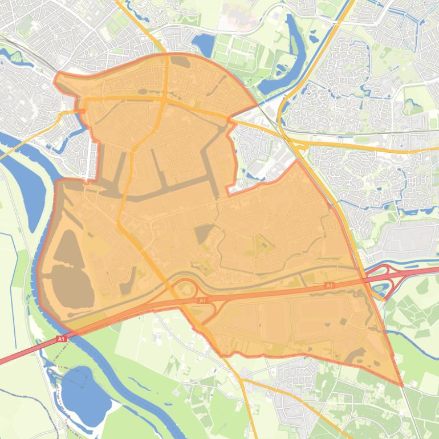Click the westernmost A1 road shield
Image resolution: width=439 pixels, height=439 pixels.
pos(61,339)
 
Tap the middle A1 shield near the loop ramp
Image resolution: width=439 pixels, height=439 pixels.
pos(202,300)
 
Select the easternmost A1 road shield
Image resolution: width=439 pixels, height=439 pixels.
pos(328,285)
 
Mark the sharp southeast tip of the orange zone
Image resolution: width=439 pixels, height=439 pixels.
pos(402,385)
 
